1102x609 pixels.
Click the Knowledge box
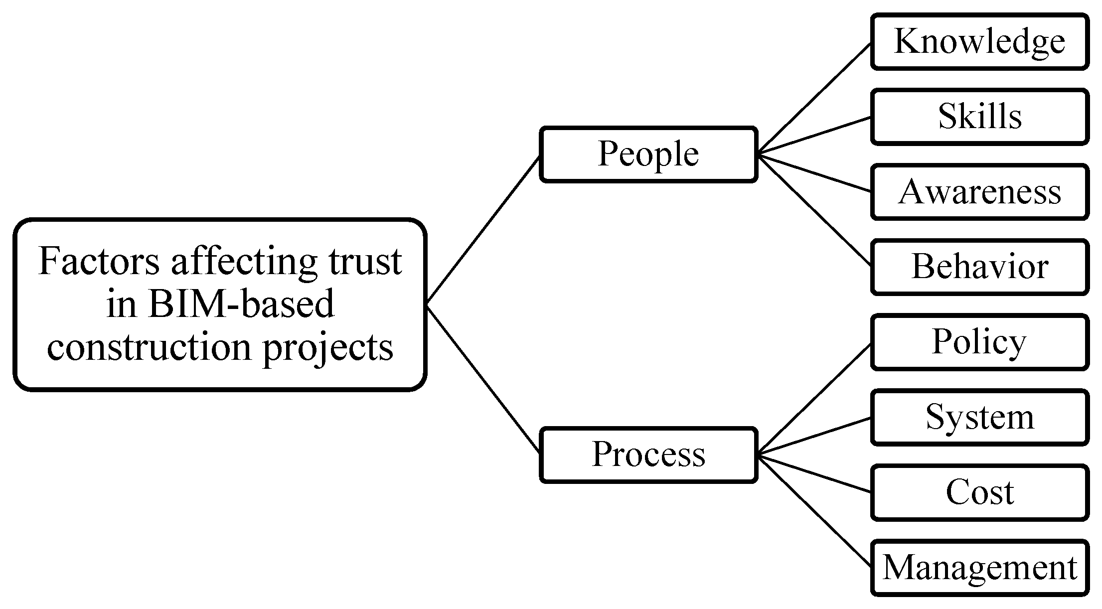979,42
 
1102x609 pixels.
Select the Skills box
979,117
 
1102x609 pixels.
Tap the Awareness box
979,192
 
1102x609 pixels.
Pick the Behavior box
979,267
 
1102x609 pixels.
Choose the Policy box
979,342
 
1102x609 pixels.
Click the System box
979,417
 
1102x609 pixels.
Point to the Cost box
979,492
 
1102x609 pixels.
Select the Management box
979,568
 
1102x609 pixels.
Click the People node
648,154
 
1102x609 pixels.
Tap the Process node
648,455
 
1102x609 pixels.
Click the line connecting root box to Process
483,380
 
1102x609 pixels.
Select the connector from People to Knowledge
814,98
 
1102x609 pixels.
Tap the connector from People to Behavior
814,210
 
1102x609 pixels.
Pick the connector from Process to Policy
814,399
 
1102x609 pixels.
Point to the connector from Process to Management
814,511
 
